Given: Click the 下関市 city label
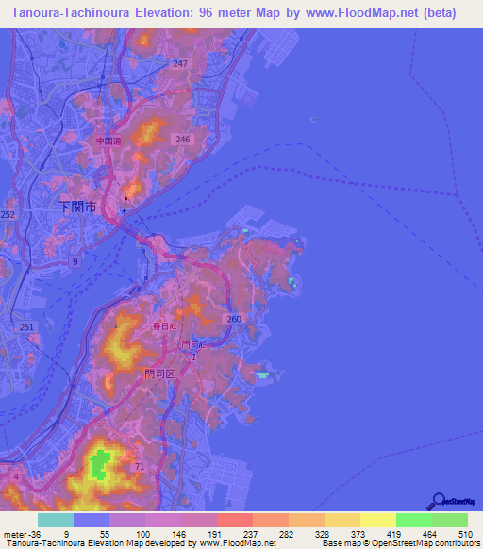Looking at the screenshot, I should (77, 207).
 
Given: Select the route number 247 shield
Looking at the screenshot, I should (180, 63).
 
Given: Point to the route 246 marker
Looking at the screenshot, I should (182, 139).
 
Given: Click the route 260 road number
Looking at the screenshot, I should (235, 320).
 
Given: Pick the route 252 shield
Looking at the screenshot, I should (8, 215).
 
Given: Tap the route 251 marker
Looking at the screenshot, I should (26, 327).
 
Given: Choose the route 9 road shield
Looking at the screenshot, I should (75, 259).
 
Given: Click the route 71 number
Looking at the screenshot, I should (139, 467).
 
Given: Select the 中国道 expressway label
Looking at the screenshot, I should (108, 141).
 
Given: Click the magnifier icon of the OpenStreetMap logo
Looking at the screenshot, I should (438, 501).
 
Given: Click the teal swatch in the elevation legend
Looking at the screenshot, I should (55, 520).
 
